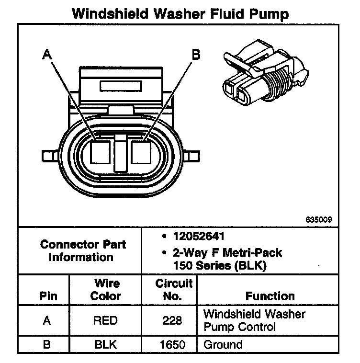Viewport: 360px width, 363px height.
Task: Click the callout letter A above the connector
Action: pyautogui.click(x=46, y=55)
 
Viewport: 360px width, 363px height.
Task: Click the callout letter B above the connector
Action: pyautogui.click(x=196, y=55)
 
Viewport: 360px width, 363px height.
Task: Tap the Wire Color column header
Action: pyautogui.click(x=106, y=289)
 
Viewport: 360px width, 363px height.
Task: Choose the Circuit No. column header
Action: pyautogui.click(x=174, y=289)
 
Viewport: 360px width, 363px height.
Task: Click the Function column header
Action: pyautogui.click(x=270, y=296)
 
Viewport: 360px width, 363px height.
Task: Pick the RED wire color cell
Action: pyautogui.click(x=105, y=320)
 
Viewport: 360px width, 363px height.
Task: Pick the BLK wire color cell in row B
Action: pyautogui.click(x=105, y=344)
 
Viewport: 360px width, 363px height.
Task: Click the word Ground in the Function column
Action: pyautogui.click(x=223, y=344)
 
